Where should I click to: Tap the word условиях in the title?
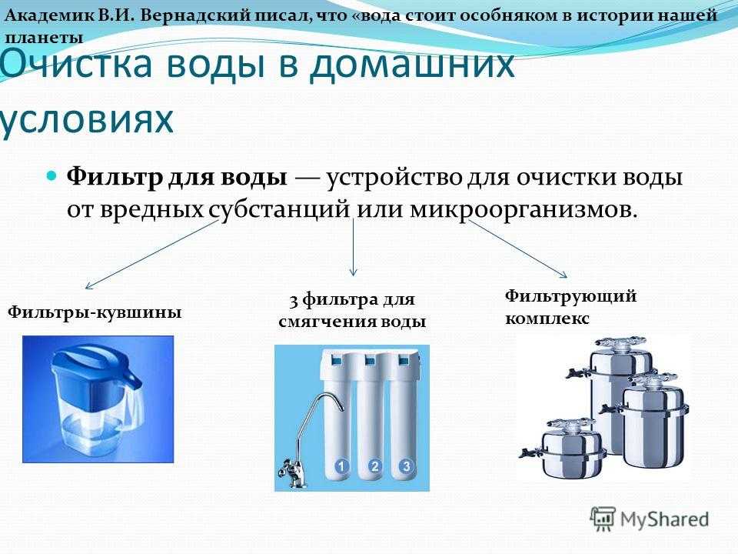(85, 119)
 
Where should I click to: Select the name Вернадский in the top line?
(194, 15)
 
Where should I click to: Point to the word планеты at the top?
(44, 38)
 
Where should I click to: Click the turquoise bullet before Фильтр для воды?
(52, 177)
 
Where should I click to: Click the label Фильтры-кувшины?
(95, 312)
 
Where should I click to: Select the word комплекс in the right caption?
(547, 319)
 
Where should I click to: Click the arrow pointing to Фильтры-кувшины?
(151, 255)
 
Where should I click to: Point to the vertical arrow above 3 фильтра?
(353, 247)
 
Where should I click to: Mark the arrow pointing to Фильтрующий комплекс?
(517, 249)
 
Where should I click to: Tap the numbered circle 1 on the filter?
(341, 467)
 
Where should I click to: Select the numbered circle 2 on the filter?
(374, 467)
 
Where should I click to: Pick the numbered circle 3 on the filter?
(406, 467)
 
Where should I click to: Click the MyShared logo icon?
(603, 519)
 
